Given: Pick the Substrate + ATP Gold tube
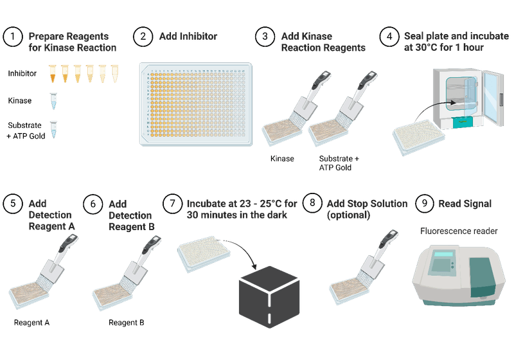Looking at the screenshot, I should point(54,128).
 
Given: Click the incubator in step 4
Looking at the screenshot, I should point(466,96).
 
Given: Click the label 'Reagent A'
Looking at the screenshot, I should point(31,321).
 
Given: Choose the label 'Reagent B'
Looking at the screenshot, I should point(126,322).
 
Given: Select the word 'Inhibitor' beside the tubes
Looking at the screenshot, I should point(22,74).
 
